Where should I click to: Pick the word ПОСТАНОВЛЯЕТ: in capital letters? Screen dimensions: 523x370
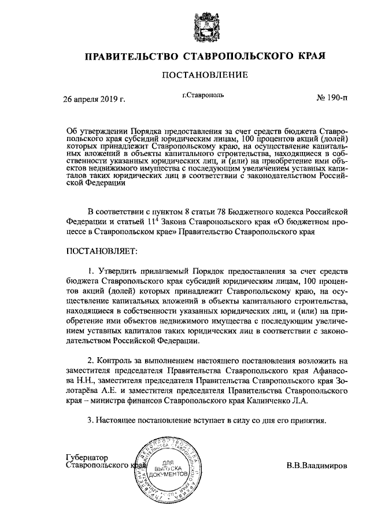[x=102, y=251]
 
